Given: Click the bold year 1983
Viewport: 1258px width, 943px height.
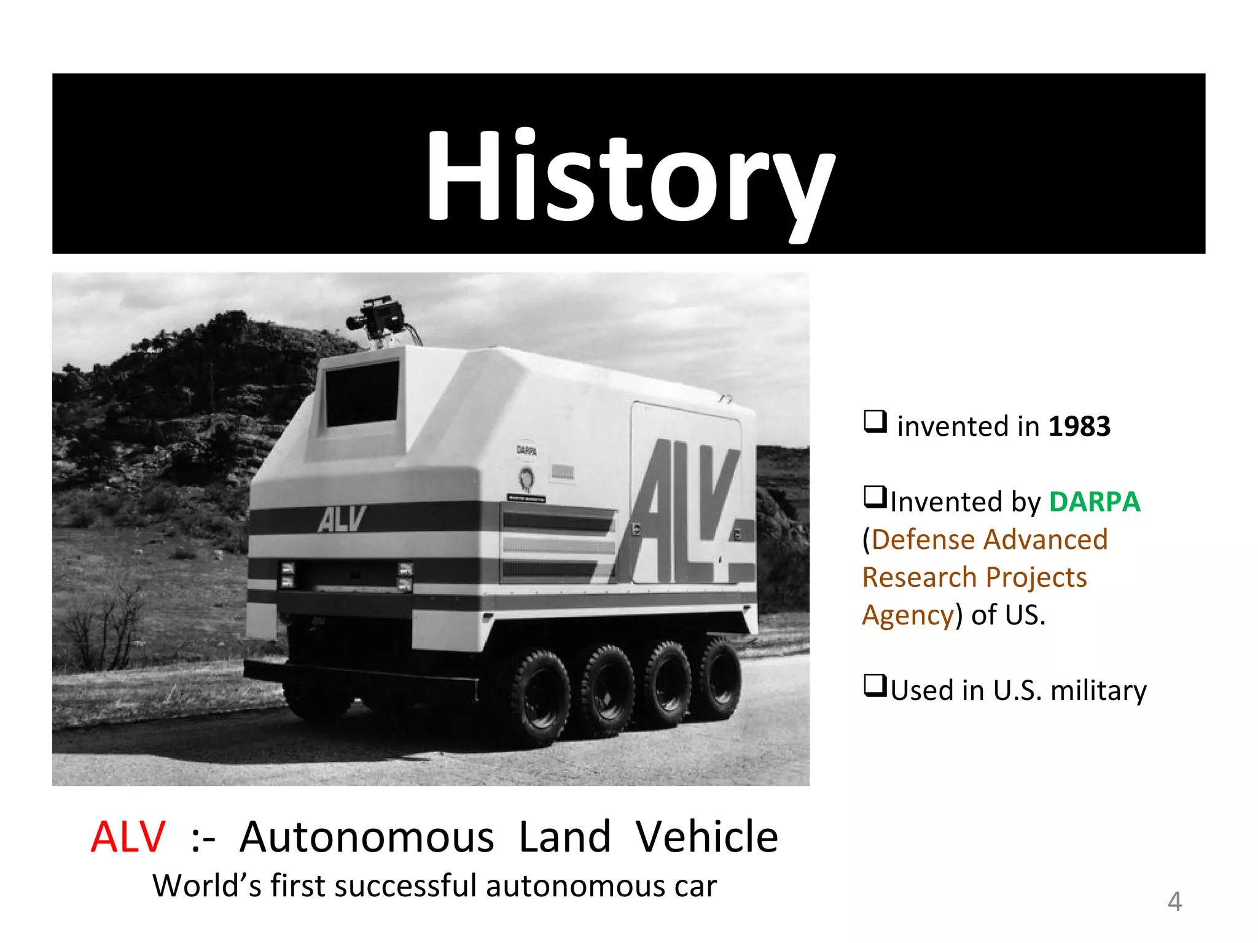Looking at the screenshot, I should pyautogui.click(x=1079, y=426).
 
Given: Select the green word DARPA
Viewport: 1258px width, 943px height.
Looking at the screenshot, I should pyautogui.click(x=1094, y=502).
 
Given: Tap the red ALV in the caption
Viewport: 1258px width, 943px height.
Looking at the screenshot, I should pyautogui.click(x=128, y=837).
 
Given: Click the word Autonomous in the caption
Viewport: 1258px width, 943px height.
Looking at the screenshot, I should pyautogui.click(x=367, y=837).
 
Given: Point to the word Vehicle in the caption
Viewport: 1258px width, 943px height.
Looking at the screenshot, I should pyautogui.click(x=706, y=837).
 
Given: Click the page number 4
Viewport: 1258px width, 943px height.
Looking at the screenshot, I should pyautogui.click(x=1174, y=902).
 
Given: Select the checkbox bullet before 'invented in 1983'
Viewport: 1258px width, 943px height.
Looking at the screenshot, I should pyautogui.click(x=875, y=422).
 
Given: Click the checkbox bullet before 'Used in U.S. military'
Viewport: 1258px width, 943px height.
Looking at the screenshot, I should pyautogui.click(x=875, y=685).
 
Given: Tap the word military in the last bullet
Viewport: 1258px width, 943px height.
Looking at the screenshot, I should pyautogui.click(x=1098, y=690).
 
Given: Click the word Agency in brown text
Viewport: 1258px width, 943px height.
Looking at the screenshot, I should pyautogui.click(x=908, y=615).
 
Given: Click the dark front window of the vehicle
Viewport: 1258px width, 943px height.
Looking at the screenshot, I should pyautogui.click(x=362, y=394).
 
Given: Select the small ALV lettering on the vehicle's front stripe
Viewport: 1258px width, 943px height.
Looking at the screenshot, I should pyautogui.click(x=342, y=519).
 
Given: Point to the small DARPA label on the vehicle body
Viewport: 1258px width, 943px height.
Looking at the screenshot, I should pyautogui.click(x=526, y=451).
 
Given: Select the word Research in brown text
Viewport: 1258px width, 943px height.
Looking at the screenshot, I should pyautogui.click(x=919, y=578).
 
